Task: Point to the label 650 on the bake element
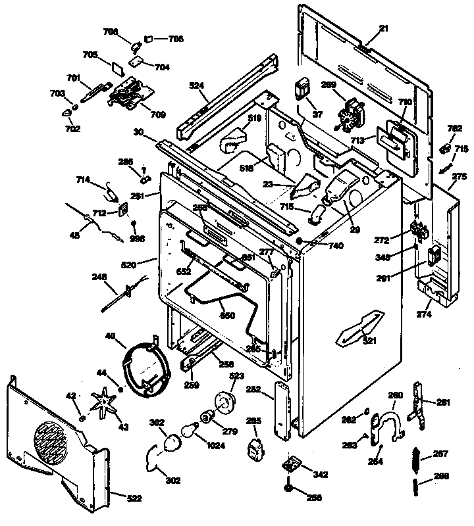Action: tap(228, 315)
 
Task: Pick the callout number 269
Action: tap(329, 85)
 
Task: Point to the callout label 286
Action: tap(125, 162)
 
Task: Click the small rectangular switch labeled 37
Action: tap(303, 88)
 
